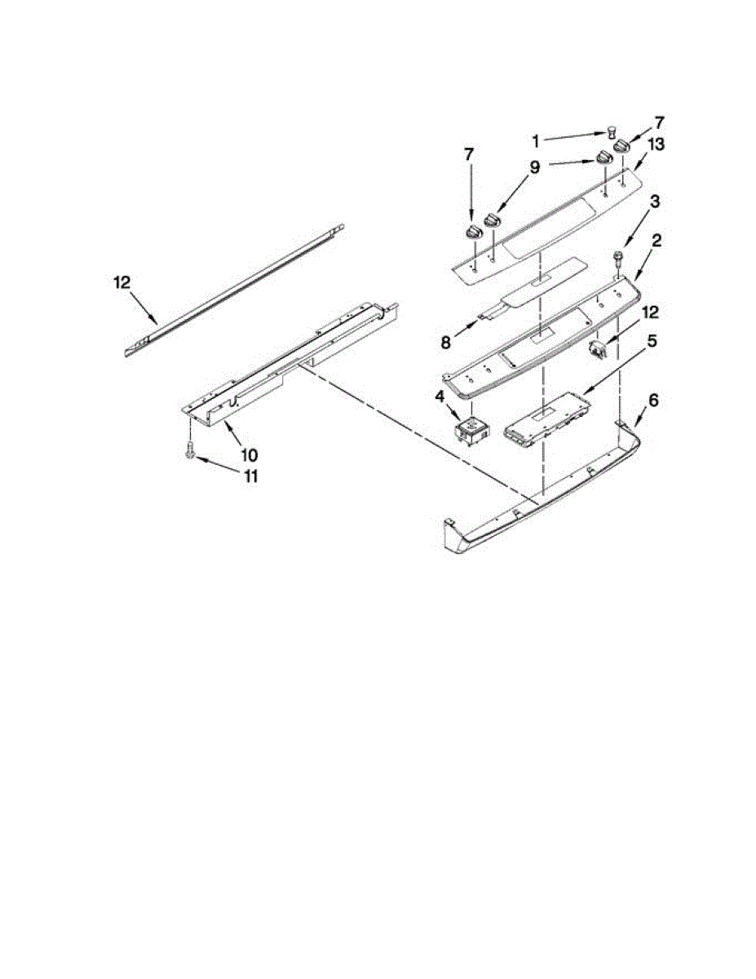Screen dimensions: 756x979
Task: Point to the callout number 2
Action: pyautogui.click(x=656, y=241)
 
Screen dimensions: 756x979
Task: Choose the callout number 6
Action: pyautogui.click(x=653, y=401)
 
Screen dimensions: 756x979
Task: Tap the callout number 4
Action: pyautogui.click(x=440, y=398)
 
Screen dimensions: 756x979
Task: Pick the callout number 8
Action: pyautogui.click(x=446, y=343)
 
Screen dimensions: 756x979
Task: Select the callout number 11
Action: pyautogui.click(x=250, y=476)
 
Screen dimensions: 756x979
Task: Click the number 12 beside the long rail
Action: pyautogui.click(x=122, y=283)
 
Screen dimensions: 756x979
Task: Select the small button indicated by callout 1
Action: pyautogui.click(x=610, y=131)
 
